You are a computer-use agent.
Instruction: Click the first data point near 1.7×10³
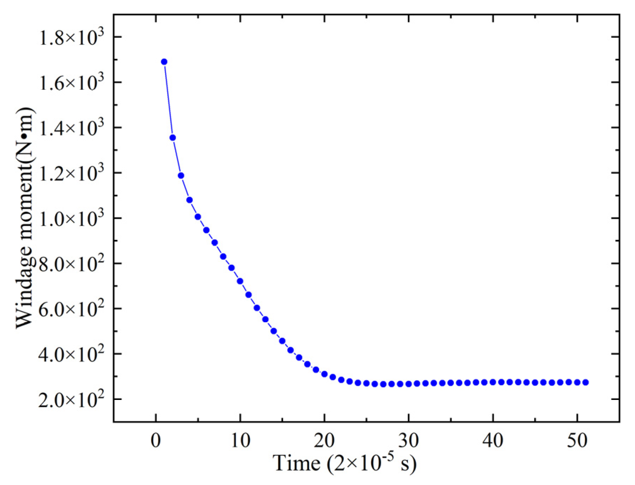[164, 62]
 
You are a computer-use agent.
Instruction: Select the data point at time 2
[173, 138]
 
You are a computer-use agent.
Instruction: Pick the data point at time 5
[198, 217]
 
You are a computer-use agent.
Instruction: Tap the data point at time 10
[240, 281]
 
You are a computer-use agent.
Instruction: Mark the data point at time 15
[282, 341]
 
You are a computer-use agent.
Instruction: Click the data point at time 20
[324, 374]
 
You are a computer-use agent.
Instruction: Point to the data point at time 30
[409, 384]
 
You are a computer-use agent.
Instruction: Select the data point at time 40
[493, 382]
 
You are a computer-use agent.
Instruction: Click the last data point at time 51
[586, 382]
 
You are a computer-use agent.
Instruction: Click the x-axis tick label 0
[156, 440]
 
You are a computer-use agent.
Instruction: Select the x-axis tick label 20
[324, 440]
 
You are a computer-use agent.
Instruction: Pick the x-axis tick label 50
[577, 440]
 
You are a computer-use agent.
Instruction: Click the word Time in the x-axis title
[297, 463]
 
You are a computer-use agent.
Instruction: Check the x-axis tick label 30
[409, 440]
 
